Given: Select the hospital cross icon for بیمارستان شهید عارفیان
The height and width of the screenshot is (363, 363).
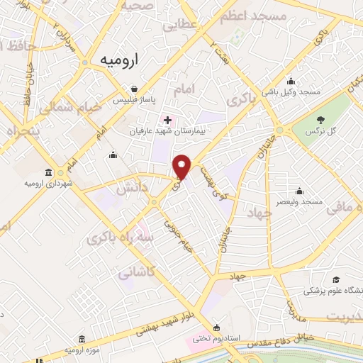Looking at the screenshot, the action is point(167,120).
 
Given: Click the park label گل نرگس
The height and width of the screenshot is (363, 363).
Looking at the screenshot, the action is point(319,132).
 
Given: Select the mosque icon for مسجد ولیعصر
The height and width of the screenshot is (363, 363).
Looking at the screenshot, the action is point(300,191).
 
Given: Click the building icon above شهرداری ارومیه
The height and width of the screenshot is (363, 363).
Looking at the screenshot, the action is point(48,172).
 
